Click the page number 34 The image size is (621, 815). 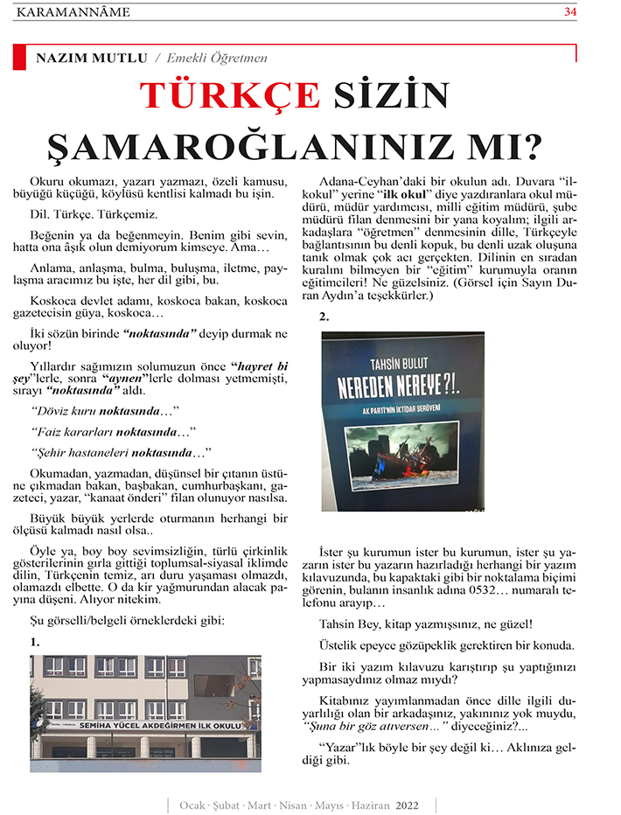(570, 11)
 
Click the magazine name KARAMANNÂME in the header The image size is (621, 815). (73, 11)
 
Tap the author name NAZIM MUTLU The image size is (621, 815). (91, 58)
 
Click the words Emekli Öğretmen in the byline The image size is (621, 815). (223, 58)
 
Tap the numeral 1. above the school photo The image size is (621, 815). (34, 642)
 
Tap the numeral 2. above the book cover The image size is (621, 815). (324, 317)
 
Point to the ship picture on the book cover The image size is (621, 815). (401, 452)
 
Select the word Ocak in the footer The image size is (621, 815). (192, 804)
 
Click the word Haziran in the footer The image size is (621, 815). (370, 804)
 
